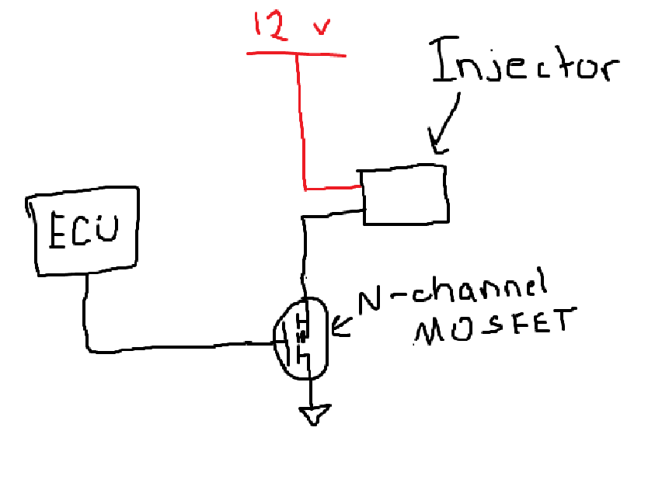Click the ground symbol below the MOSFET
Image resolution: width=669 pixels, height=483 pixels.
pyautogui.click(x=315, y=415)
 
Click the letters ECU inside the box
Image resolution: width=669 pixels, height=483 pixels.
pyautogui.click(x=82, y=231)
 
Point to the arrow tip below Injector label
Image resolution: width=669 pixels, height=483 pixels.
pyautogui.click(x=436, y=148)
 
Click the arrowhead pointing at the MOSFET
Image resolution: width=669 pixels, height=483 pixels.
pyautogui.click(x=338, y=329)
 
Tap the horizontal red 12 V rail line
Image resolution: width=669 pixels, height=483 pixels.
pyautogui.click(x=295, y=54)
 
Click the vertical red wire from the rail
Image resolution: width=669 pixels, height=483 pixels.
pyautogui.click(x=300, y=116)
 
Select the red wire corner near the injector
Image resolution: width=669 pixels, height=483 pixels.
pyautogui.click(x=306, y=187)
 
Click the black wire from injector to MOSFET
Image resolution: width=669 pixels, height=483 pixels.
pyautogui.click(x=302, y=248)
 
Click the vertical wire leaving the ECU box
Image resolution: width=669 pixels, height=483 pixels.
pyautogui.click(x=85, y=311)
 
